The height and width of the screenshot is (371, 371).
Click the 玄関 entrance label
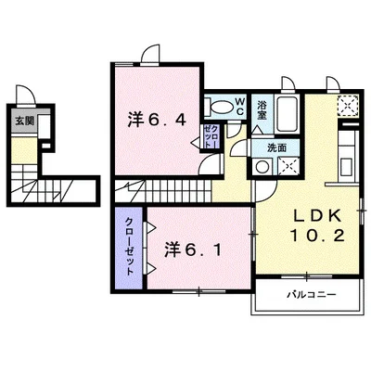(21, 120)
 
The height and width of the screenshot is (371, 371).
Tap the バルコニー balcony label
(308, 294)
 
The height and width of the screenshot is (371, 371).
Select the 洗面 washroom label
(276, 147)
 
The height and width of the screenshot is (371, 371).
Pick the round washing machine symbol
(263, 168)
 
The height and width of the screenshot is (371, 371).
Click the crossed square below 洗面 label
(288, 168)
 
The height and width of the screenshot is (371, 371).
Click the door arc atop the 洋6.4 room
(148, 54)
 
